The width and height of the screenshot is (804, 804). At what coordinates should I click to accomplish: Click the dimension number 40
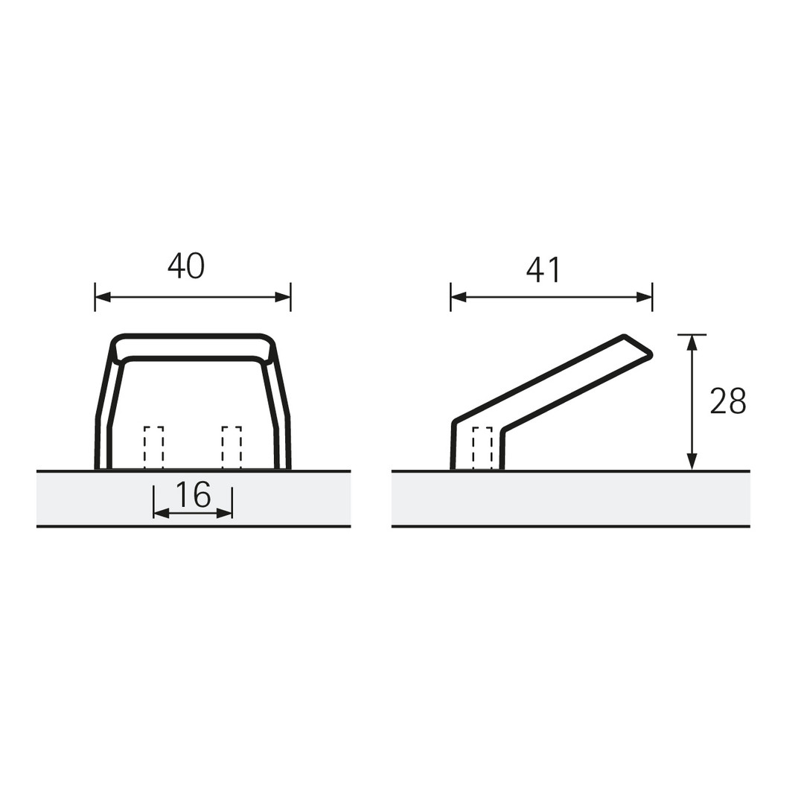186,266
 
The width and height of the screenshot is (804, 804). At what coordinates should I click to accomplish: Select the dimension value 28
728,401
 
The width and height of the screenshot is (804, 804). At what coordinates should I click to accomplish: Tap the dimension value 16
193,495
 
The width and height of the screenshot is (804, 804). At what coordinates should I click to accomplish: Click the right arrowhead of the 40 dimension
283,297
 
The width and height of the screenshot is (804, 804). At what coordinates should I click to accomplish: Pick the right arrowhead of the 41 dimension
645,297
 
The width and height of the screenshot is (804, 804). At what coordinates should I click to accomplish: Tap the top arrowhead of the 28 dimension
692,342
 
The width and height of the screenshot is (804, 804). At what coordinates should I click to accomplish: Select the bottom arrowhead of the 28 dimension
692,462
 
